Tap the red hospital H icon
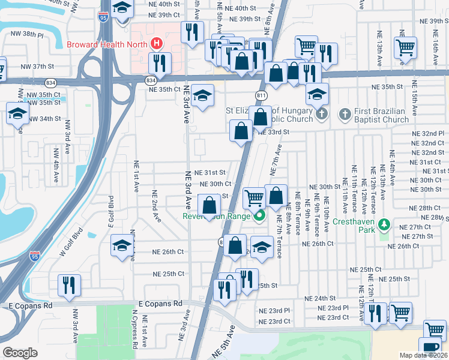[157, 43]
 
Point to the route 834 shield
[152, 80]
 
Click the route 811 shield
[261, 95]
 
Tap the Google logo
[20, 353]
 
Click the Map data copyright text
[423, 355]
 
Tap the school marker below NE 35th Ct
[203, 96]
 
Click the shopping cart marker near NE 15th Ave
[406, 47]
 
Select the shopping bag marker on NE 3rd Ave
[209, 205]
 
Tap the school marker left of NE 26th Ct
[122, 245]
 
